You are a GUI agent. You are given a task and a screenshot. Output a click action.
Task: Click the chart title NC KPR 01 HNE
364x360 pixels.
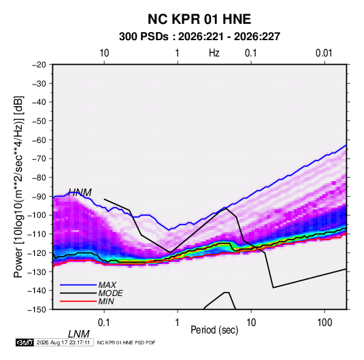[x=199, y=19]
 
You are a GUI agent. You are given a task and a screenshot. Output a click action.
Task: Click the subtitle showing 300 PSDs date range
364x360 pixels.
[x=199, y=37]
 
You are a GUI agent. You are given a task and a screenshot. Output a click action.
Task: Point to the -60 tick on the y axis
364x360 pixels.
[x=39, y=140]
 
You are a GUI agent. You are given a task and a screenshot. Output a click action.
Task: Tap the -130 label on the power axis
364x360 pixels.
[x=37, y=272]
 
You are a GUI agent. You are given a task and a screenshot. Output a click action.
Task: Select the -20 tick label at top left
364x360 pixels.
[x=39, y=65]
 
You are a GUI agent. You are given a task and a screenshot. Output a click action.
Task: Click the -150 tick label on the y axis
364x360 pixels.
[x=37, y=310]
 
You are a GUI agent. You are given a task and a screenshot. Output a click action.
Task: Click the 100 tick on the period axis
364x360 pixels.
[x=325, y=322]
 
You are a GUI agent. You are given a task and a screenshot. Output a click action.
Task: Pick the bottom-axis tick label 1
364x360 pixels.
[x=178, y=322]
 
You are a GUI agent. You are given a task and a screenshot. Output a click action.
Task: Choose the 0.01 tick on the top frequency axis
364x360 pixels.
[x=324, y=53]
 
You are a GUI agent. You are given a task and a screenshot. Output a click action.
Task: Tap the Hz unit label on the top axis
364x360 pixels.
[x=214, y=53]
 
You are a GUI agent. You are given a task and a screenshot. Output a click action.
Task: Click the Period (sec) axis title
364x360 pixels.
[x=214, y=329]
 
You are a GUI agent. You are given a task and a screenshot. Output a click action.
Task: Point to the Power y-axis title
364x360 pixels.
[x=18, y=186]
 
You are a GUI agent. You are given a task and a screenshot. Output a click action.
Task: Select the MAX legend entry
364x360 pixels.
[x=107, y=284]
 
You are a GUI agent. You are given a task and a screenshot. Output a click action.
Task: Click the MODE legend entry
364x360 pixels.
[x=110, y=293]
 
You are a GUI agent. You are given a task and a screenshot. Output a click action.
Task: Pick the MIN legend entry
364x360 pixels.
[x=106, y=301]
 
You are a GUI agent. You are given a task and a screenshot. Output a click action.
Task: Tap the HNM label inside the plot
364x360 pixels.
[x=80, y=193]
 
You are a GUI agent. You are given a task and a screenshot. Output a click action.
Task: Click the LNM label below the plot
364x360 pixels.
[x=79, y=334]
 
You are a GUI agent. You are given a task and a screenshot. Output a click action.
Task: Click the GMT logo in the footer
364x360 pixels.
[x=24, y=342]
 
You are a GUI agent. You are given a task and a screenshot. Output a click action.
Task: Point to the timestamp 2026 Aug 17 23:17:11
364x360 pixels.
[x=63, y=342]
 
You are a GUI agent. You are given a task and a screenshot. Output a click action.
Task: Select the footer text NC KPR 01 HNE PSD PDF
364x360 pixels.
[x=126, y=342]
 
